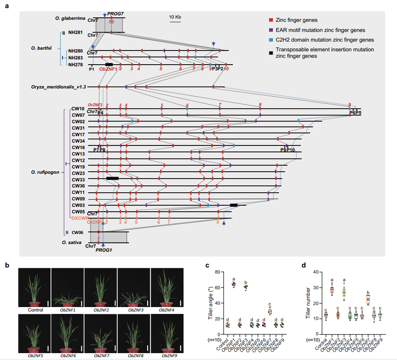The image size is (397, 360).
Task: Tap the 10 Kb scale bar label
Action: [x=175, y=17]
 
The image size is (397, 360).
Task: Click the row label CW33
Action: [x=78, y=179]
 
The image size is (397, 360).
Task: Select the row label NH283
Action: [x=76, y=58]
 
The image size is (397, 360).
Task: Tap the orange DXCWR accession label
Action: [x=80, y=218]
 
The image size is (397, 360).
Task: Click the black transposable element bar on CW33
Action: [x=112, y=178]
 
